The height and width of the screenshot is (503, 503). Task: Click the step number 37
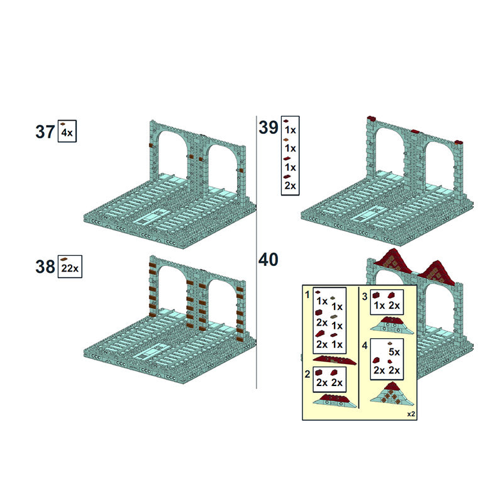45,132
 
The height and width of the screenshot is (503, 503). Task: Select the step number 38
45,267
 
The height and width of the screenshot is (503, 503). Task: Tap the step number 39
268,128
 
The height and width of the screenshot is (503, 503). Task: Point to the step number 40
268,260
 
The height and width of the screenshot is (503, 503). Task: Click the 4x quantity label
67,133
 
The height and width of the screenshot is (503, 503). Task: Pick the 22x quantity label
70,268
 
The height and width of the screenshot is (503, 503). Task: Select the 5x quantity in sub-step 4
394,352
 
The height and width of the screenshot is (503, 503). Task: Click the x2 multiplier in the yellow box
411,414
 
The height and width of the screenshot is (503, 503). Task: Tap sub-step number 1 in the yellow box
307,294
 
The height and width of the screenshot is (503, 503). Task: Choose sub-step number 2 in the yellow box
307,374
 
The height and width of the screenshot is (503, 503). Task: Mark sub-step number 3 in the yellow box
365,296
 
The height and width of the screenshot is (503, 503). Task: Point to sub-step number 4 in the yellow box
365,346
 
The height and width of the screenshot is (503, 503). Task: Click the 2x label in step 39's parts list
290,185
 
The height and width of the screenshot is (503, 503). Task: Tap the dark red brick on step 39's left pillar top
372,118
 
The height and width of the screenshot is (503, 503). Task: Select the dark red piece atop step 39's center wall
415,132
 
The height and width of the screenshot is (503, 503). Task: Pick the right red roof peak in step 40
436,272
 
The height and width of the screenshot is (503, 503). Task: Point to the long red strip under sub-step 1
334,360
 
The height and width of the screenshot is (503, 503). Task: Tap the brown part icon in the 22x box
64,259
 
